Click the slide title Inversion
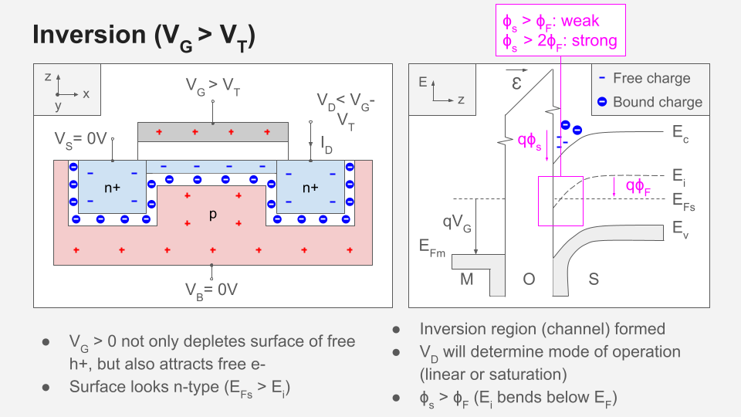[143, 36]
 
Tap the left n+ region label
[112, 188]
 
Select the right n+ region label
[311, 188]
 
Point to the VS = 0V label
[80, 139]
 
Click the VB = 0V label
[210, 290]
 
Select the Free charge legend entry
[651, 78]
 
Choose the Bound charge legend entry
[658, 102]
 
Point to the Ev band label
[679, 229]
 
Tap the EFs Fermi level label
[682, 202]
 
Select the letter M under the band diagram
[466, 280]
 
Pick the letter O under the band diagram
[529, 280]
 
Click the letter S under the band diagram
[594, 280]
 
